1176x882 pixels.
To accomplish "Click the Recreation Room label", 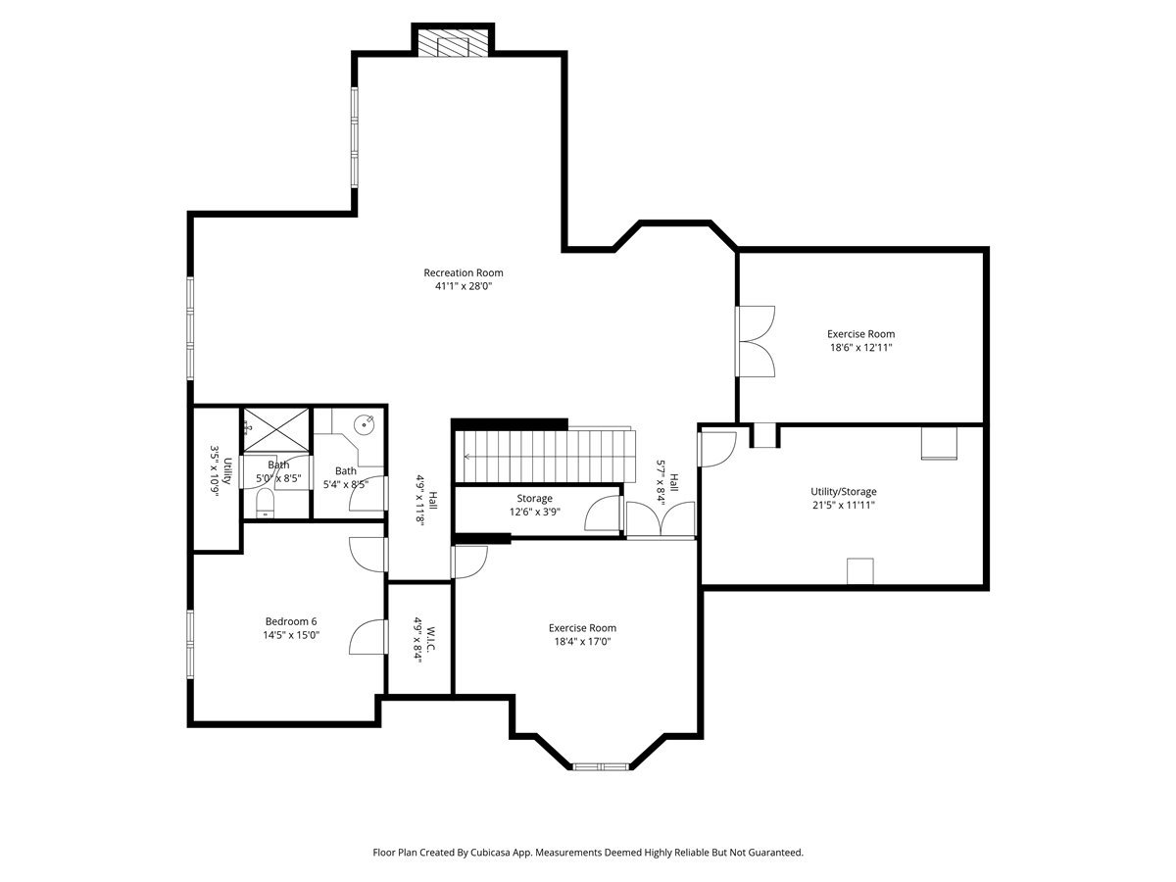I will tap(463, 272).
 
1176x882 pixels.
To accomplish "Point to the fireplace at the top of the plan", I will tap(452, 41).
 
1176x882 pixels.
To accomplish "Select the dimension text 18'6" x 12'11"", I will tap(859, 347).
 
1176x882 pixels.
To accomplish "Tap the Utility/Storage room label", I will tap(843, 492).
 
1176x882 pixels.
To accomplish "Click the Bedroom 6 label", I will tap(291, 621).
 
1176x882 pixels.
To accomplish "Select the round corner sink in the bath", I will tap(366, 424).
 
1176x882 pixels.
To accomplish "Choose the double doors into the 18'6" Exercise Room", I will tap(756, 341).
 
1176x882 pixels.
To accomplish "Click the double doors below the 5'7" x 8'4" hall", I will tap(661, 519).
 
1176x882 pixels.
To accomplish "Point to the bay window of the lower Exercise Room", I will tap(600, 765).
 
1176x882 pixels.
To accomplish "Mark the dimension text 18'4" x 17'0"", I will tap(582, 642).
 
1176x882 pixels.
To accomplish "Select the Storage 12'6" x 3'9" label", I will tap(535, 499).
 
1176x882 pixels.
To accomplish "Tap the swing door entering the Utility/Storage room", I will tap(717, 448).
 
